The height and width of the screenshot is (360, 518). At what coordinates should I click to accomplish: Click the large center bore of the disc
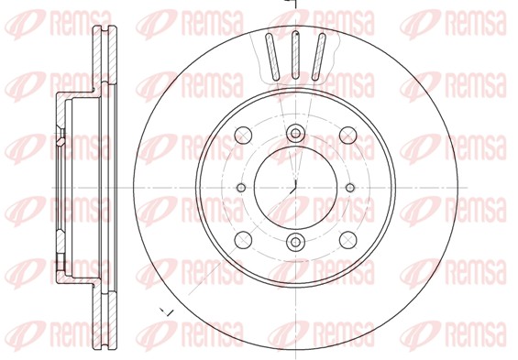point(295,188)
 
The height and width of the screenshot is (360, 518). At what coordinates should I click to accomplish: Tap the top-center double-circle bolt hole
point(295,134)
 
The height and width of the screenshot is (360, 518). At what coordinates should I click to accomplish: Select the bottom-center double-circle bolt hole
point(295,242)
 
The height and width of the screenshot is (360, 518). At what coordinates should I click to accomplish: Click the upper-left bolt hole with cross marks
point(243,135)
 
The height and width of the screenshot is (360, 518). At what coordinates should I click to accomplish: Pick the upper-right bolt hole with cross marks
point(348,135)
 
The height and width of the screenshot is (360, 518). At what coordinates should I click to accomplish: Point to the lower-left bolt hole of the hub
point(243,240)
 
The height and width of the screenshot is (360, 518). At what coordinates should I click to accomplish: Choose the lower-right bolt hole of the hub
point(348,240)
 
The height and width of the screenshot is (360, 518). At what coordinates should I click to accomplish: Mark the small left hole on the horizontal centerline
point(241,188)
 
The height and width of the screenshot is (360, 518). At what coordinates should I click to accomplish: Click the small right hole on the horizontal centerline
point(350,188)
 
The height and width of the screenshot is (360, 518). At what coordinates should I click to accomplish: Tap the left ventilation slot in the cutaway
point(272,57)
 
